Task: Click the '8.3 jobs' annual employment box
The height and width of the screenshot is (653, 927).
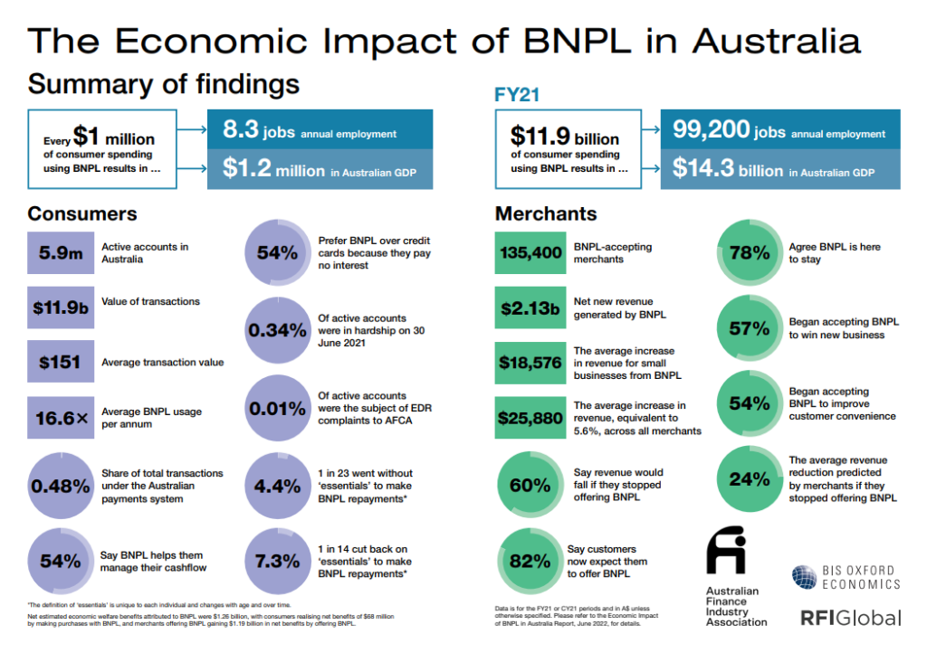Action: pos(320,132)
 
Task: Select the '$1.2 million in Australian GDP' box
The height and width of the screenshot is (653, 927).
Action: pos(320,170)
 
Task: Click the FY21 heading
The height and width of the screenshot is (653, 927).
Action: pos(519,94)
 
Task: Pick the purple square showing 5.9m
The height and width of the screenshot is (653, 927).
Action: pos(61,253)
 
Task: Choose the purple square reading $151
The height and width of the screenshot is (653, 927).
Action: pos(61,363)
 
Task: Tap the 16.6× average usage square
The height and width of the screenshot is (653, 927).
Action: pos(61,419)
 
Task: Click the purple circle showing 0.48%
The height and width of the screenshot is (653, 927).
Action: pos(61,486)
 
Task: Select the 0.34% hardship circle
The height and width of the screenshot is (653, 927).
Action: pos(278,331)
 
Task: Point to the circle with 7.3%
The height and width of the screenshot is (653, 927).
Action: pos(278,561)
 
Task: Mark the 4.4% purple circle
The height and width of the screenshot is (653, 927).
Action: pos(278,486)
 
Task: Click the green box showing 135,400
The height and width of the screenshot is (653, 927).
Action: pos(530,253)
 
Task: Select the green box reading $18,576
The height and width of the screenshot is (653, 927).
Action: pos(530,364)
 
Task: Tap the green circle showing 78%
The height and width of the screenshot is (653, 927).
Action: pos(750,253)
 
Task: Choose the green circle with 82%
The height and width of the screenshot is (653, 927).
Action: pos(530,561)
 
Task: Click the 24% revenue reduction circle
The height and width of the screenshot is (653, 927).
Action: pos(750,479)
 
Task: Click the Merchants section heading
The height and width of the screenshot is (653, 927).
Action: pos(546,214)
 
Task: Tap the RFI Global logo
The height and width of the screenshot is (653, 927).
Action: pos(850,618)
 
